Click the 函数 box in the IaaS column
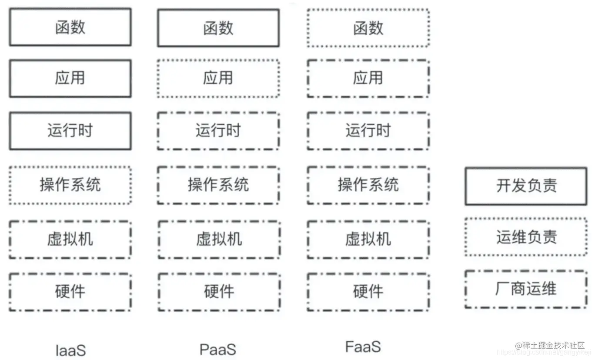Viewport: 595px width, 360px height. coord(70,27)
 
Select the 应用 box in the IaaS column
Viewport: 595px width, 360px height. coord(70,78)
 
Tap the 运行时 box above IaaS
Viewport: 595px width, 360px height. coord(70,130)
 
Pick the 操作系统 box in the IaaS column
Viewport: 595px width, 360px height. coord(70,185)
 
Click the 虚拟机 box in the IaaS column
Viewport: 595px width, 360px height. coord(70,239)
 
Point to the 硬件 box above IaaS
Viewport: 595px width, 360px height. coord(70,292)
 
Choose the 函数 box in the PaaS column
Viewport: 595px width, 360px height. coord(218,28)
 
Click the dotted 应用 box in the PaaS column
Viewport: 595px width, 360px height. coord(218,78)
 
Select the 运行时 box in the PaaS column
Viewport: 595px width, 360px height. coord(218,130)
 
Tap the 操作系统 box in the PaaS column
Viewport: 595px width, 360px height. coord(218,185)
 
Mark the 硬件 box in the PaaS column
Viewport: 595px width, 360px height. coord(219,292)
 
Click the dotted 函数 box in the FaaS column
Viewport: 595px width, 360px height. coord(368,28)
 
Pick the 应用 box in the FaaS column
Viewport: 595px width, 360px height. coord(368,78)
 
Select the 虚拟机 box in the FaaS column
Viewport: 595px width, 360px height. coord(368,239)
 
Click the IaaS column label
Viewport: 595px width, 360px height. coord(70,350)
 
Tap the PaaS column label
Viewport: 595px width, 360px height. coord(218,349)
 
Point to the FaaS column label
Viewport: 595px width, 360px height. coord(363,347)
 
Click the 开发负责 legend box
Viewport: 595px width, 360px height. coord(526,186)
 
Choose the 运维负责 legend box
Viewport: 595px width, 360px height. coord(526,237)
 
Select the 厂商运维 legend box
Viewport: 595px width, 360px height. coord(526,289)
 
